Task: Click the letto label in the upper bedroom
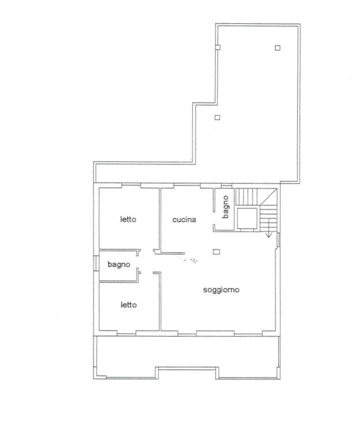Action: [x=128, y=219]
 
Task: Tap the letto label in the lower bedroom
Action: [x=129, y=305]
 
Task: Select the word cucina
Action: [x=184, y=220]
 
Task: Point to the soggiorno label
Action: [x=221, y=290]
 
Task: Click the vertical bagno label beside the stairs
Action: [x=225, y=207]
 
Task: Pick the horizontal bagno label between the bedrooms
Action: [x=119, y=264]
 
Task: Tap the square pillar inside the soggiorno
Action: [x=216, y=252]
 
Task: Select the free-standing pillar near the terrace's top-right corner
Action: [x=277, y=48]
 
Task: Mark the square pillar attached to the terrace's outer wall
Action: [x=217, y=47]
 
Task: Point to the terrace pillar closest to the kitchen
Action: [x=217, y=117]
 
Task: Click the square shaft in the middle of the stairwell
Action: [x=247, y=218]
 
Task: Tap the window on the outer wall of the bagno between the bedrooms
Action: [x=96, y=263]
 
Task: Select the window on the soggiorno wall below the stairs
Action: [x=278, y=240]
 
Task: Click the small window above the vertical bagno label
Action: [x=226, y=186]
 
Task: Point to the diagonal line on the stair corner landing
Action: [x=268, y=196]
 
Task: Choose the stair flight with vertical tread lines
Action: [x=247, y=196]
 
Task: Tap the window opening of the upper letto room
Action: [x=131, y=186]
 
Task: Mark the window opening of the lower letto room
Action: [x=126, y=333]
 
